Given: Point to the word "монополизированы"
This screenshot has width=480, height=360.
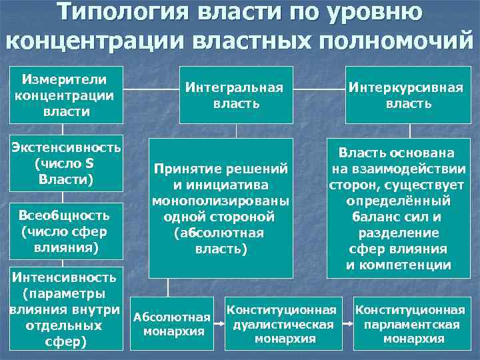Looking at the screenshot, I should tap(221, 201).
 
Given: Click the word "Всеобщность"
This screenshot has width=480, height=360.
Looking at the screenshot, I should tap(64, 216).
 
